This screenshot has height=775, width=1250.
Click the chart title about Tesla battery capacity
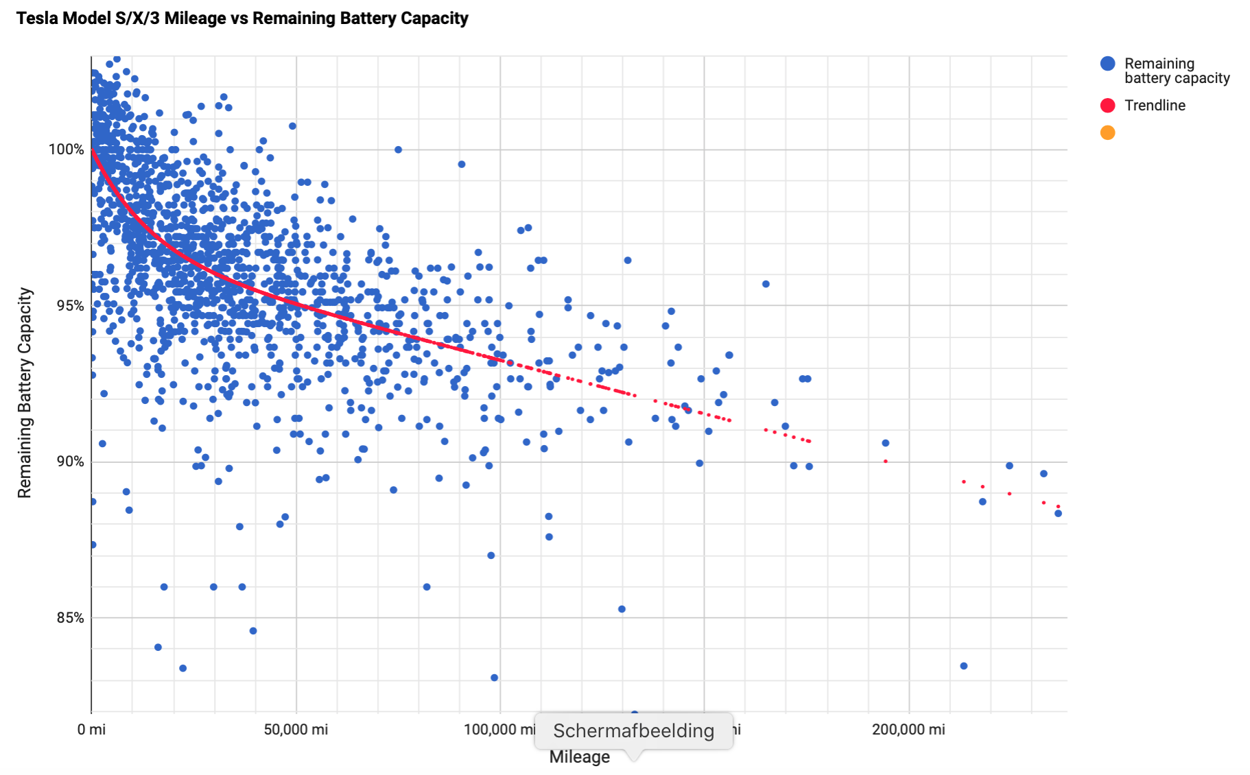tap(242, 19)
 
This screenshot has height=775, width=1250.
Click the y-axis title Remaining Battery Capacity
tap(25, 392)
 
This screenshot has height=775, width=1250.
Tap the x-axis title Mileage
tap(579, 757)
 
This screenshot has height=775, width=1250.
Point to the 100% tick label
tap(66, 150)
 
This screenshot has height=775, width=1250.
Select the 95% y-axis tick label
tap(70, 306)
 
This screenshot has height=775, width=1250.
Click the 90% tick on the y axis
tap(70, 462)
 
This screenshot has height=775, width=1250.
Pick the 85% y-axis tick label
tap(70, 618)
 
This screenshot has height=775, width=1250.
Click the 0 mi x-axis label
tap(91, 730)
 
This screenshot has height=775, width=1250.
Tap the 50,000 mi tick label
tap(296, 730)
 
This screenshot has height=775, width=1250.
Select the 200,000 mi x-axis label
tap(908, 730)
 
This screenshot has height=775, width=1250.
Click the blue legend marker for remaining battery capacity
tap(1107, 64)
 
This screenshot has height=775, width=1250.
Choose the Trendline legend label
tap(1155, 106)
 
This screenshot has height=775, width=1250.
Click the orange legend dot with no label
tap(1107, 133)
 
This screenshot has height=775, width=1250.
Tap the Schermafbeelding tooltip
tap(633, 731)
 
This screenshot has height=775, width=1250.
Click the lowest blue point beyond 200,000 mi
tap(963, 666)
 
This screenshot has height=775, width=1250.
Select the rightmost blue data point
tap(1058, 513)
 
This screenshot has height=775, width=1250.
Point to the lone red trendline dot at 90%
tap(886, 462)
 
